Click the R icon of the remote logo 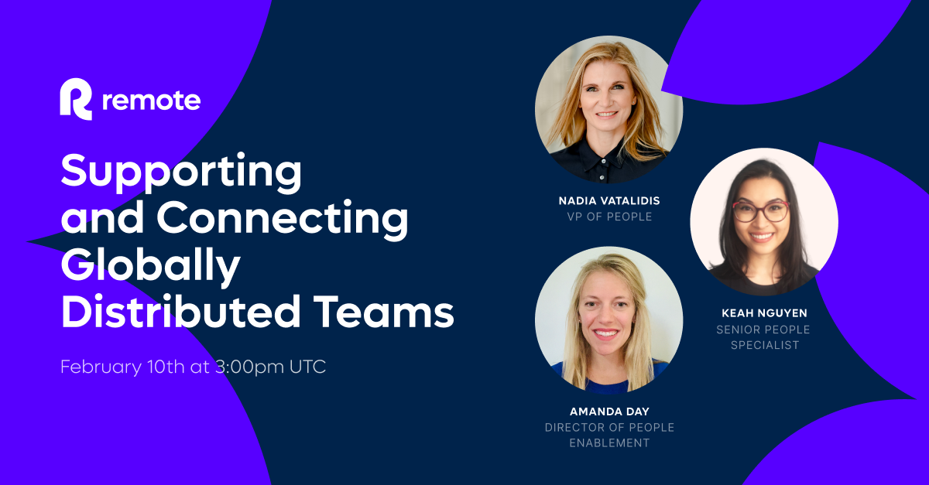(x=76, y=100)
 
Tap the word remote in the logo (x=151, y=101)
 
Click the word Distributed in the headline (x=174, y=312)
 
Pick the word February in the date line (x=99, y=367)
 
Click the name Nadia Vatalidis (x=609, y=201)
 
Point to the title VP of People (x=609, y=217)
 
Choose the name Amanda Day (x=609, y=412)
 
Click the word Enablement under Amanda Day (x=609, y=443)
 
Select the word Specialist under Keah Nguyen (x=763, y=345)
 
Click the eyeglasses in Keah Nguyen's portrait (x=762, y=210)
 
